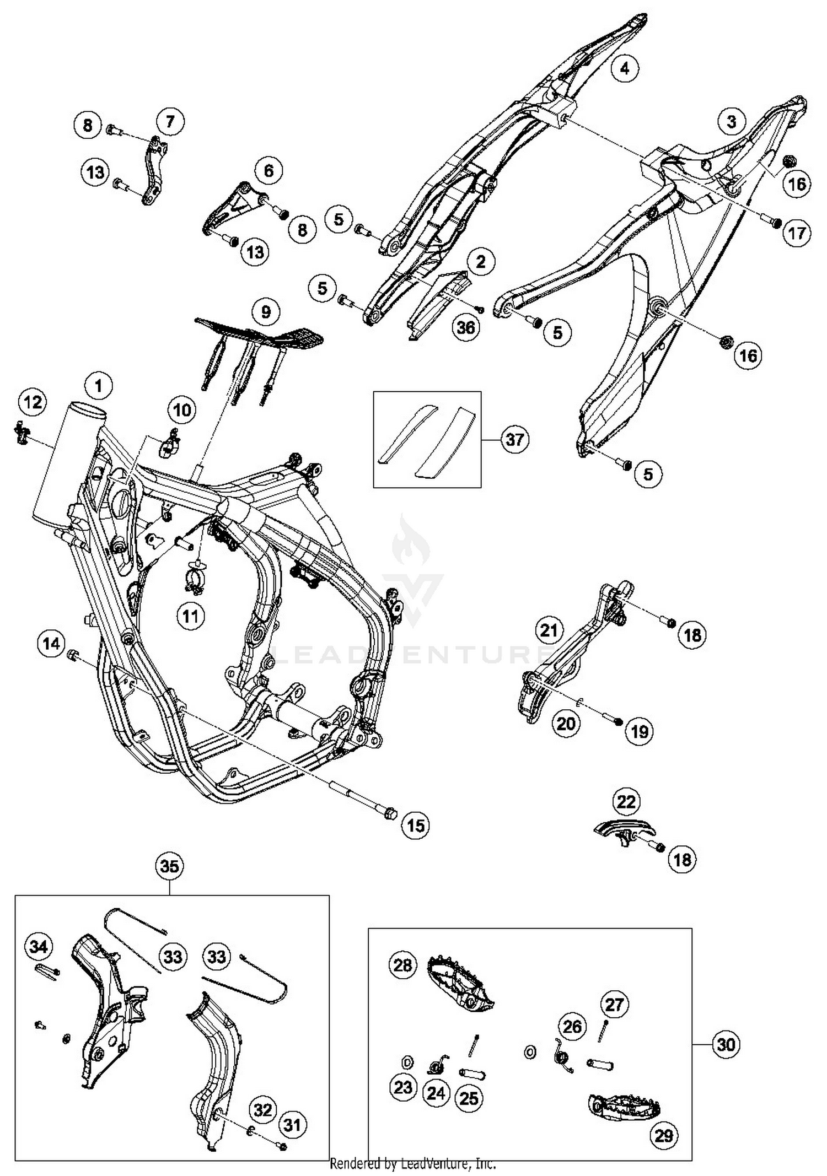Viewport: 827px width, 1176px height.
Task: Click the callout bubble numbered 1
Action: tap(99, 385)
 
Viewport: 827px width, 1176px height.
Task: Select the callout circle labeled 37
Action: tap(515, 440)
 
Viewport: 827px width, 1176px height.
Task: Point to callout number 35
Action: tap(169, 867)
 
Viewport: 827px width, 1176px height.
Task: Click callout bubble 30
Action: tap(726, 1044)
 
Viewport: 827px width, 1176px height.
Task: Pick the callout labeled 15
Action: tap(416, 826)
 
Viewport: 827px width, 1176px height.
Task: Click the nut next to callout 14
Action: tap(72, 655)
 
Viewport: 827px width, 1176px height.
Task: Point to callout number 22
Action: tap(626, 801)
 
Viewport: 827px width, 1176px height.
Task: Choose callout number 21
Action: tap(549, 630)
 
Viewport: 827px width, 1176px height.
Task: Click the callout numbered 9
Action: tap(266, 312)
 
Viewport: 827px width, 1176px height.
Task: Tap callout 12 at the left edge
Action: tap(33, 402)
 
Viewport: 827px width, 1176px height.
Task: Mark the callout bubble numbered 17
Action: tap(797, 234)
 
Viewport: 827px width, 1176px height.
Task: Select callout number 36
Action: tap(466, 327)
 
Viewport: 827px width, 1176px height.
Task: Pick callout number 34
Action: tap(38, 947)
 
